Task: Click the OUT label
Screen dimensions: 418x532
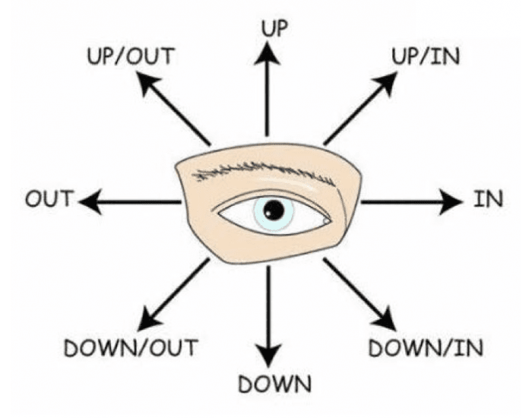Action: point(48,201)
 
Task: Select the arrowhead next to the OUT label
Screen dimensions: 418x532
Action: point(89,201)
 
